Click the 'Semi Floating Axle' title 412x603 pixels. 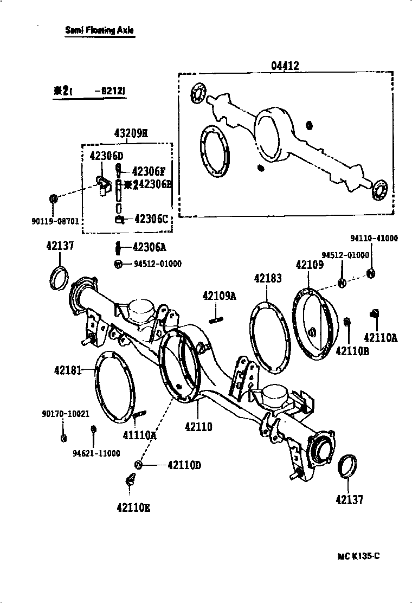pyautogui.click(x=99, y=30)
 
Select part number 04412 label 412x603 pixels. pyautogui.click(x=285, y=66)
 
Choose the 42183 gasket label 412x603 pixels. pyautogui.click(x=268, y=278)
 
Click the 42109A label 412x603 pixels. pyautogui.click(x=220, y=296)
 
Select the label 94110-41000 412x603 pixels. pyautogui.click(x=374, y=238)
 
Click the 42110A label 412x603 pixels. pyautogui.click(x=381, y=338)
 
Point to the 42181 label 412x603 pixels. pyautogui.click(x=68, y=370)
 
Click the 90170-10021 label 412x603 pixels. pyautogui.click(x=66, y=413)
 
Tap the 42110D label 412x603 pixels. pyautogui.click(x=184, y=465)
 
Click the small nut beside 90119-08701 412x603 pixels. pyautogui.click(x=54, y=198)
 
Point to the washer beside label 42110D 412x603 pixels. pyautogui.click(x=139, y=465)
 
